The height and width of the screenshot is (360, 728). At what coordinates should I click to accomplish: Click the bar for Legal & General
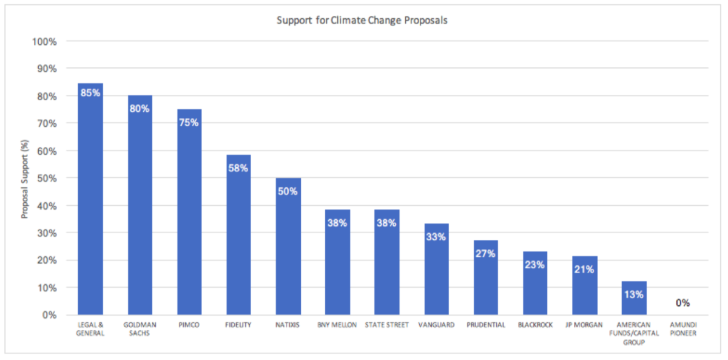click(x=90, y=206)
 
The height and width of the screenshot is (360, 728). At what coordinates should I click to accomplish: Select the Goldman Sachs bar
click(x=140, y=212)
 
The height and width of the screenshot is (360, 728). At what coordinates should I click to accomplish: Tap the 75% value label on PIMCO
click(x=189, y=122)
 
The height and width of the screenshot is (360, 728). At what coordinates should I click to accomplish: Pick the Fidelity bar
click(x=238, y=243)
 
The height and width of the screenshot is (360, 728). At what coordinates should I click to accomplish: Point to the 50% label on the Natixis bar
click(x=288, y=191)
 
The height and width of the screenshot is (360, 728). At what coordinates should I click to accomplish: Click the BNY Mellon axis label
click(x=337, y=325)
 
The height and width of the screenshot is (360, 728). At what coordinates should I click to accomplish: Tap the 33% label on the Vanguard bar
click(x=436, y=237)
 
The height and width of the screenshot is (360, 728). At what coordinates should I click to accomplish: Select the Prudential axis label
click(x=485, y=325)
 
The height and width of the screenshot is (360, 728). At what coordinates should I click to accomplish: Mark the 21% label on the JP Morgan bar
click(x=584, y=269)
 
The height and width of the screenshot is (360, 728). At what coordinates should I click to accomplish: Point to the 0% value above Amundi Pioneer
click(x=682, y=303)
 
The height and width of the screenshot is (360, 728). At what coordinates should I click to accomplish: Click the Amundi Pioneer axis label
click(x=682, y=329)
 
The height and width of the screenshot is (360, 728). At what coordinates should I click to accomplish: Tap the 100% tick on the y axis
click(x=44, y=41)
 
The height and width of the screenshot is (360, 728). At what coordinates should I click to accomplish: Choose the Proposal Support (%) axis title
click(x=25, y=178)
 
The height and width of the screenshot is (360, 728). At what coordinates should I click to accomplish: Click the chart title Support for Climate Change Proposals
click(x=362, y=20)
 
